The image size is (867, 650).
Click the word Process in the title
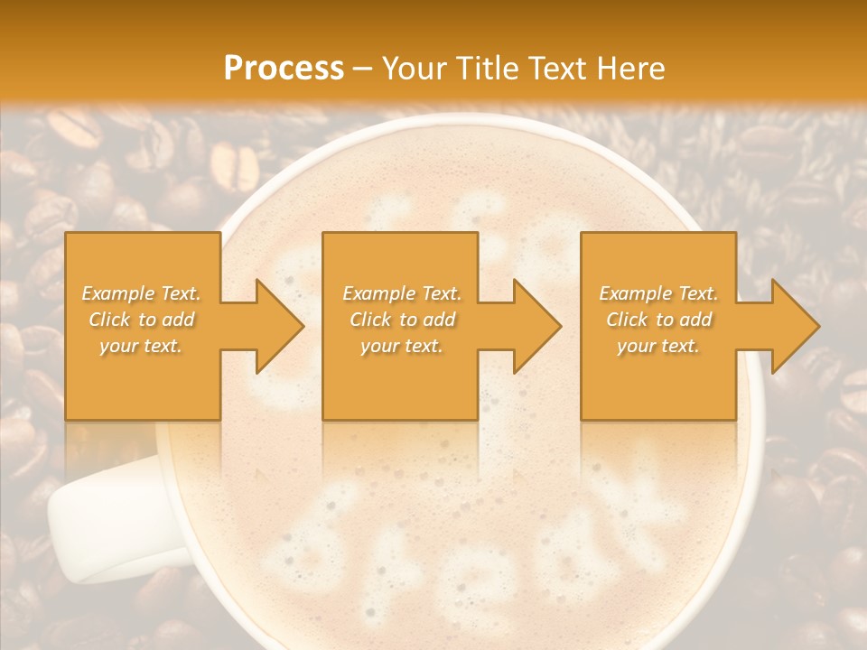tap(284, 69)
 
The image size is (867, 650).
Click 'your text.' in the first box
tap(142, 346)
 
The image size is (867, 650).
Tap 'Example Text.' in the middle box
tap(401, 293)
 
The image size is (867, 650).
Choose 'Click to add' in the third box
tap(658, 320)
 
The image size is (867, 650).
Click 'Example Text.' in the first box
tap(142, 293)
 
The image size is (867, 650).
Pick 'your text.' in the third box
tap(658, 346)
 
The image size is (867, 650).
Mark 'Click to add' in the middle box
tap(401, 320)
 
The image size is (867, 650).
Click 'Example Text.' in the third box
tap(658, 293)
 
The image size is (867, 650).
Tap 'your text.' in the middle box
tap(401, 346)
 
